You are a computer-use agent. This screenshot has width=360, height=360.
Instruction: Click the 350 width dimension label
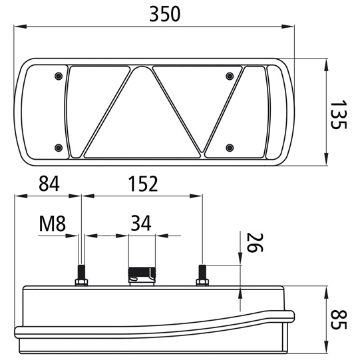click(x=164, y=14)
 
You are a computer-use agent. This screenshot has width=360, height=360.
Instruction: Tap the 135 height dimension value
click(x=338, y=114)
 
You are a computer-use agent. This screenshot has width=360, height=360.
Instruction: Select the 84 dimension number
click(x=49, y=184)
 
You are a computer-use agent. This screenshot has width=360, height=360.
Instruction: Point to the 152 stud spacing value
click(x=143, y=184)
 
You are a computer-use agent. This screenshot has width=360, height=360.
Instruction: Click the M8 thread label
click(x=53, y=224)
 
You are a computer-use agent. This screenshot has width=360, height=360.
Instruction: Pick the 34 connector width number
click(x=141, y=223)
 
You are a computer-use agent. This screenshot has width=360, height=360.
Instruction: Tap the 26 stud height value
click(x=254, y=243)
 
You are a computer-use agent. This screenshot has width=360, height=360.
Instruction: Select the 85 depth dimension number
click(x=338, y=319)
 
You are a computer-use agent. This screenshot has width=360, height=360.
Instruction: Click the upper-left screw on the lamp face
click(x=59, y=76)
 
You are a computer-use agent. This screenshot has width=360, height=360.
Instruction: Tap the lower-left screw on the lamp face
click(x=59, y=148)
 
